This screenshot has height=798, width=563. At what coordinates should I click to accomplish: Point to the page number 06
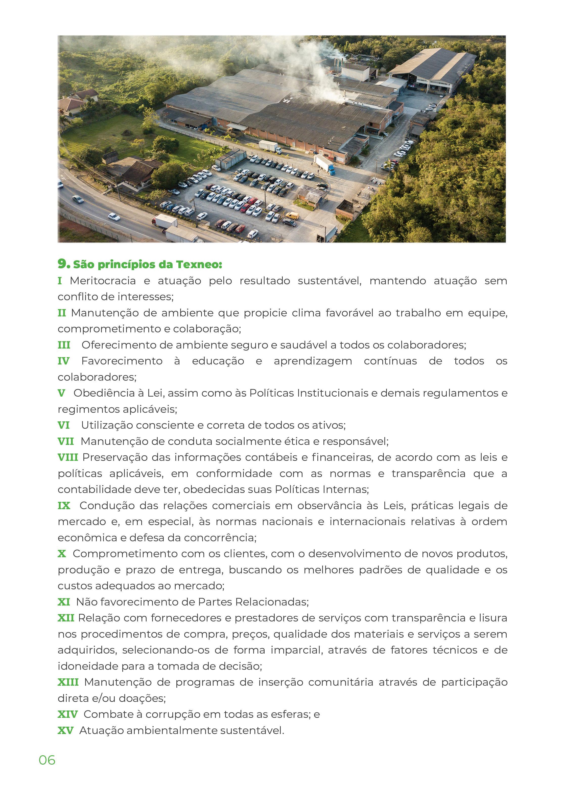(x=47, y=760)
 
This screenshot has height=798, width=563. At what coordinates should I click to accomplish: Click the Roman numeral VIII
(x=68, y=457)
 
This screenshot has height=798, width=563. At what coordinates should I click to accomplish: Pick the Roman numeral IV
(x=64, y=361)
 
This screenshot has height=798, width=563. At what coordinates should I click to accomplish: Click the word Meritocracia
(x=103, y=281)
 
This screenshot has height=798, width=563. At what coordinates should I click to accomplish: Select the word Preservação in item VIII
(x=115, y=457)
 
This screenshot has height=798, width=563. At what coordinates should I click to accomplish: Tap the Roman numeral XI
(x=64, y=602)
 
